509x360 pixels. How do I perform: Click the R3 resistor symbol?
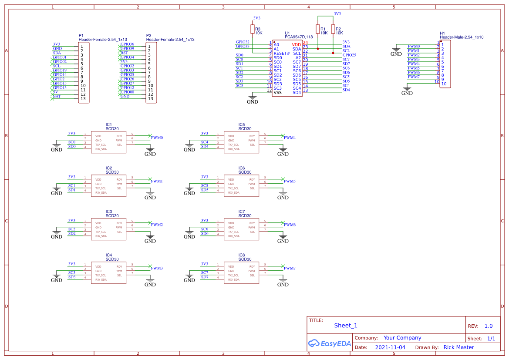coord(253,29)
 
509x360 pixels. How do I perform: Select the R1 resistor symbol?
coord(318,29)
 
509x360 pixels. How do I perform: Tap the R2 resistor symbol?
coord(333,29)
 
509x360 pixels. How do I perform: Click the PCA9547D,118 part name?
coord(298,37)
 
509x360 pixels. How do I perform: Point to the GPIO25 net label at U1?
coord(349,55)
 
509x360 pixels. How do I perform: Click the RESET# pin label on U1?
coord(282,53)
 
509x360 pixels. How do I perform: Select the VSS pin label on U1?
coord(277,92)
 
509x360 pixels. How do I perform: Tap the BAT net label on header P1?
coord(57,96)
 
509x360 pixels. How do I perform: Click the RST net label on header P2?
coord(124,53)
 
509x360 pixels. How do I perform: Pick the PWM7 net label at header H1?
coord(414,77)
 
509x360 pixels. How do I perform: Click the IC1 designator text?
coord(108,124)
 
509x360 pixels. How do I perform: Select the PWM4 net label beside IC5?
coord(290,138)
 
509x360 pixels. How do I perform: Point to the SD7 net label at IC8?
coord(204,277)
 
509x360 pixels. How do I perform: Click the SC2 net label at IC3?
coord(71,229)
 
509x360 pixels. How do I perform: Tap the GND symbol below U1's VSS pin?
coord(253,100)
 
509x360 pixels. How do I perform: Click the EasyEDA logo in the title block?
coord(329,343)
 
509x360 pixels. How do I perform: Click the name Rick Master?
coord(458,347)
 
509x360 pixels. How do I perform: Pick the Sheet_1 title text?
coord(346,325)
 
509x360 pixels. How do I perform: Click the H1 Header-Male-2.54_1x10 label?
coord(462,37)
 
